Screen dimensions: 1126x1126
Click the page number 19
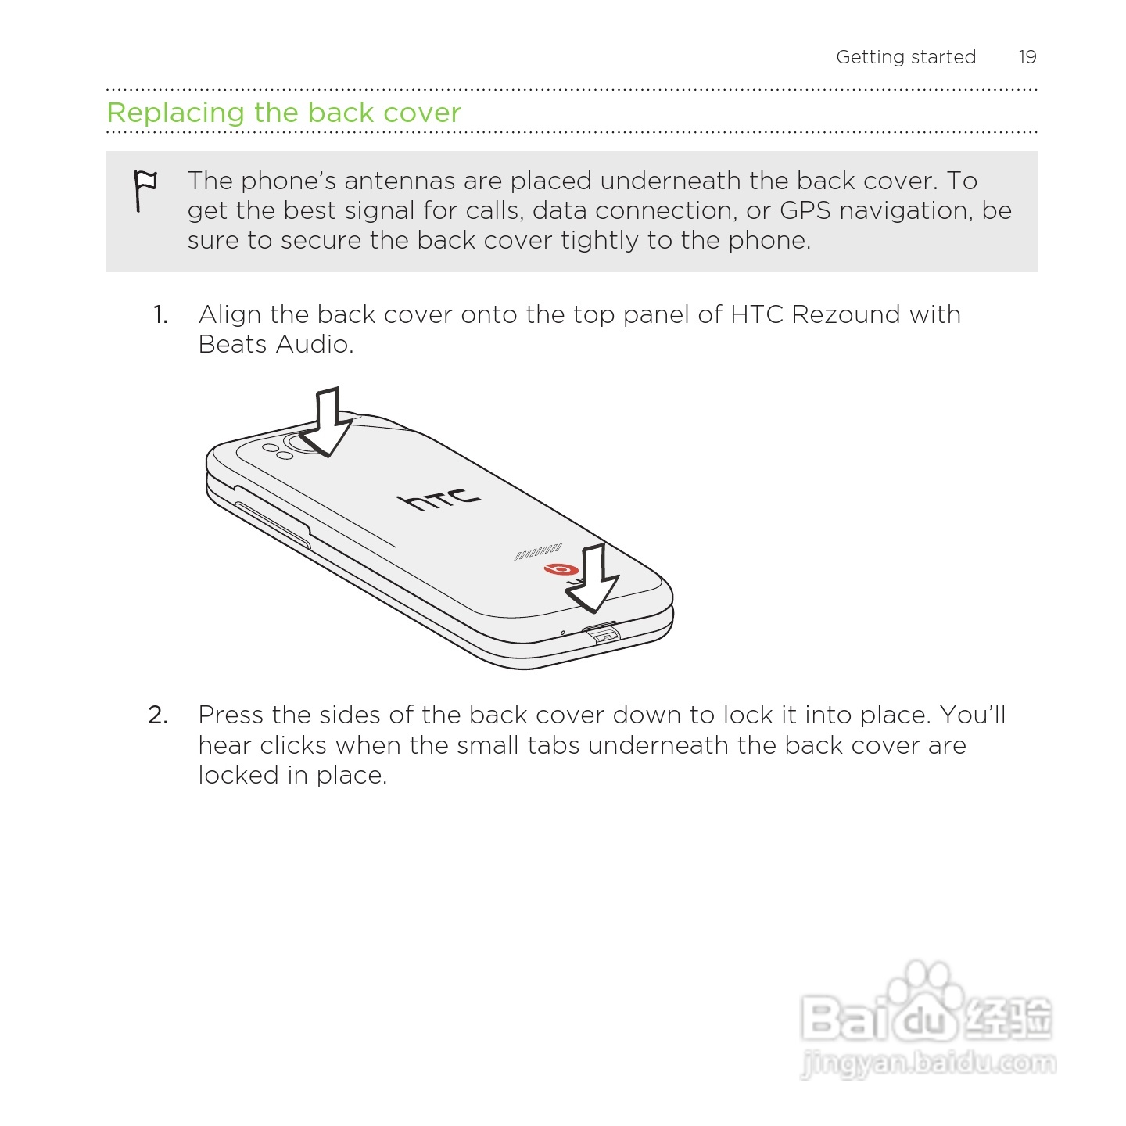[1027, 57]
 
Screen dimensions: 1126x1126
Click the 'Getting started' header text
[905, 57]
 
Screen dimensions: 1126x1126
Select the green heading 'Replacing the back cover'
[284, 113]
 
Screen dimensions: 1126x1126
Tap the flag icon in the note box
[145, 190]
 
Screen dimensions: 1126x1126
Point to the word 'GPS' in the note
[805, 210]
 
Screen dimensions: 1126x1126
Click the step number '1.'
[160, 315]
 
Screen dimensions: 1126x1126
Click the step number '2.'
[158, 715]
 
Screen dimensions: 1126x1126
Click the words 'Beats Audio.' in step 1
[276, 344]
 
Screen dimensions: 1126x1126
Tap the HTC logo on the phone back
[439, 498]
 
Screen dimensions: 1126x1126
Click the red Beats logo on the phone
[561, 569]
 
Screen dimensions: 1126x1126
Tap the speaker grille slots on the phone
[538, 552]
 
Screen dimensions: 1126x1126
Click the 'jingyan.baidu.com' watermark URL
[928, 1063]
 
